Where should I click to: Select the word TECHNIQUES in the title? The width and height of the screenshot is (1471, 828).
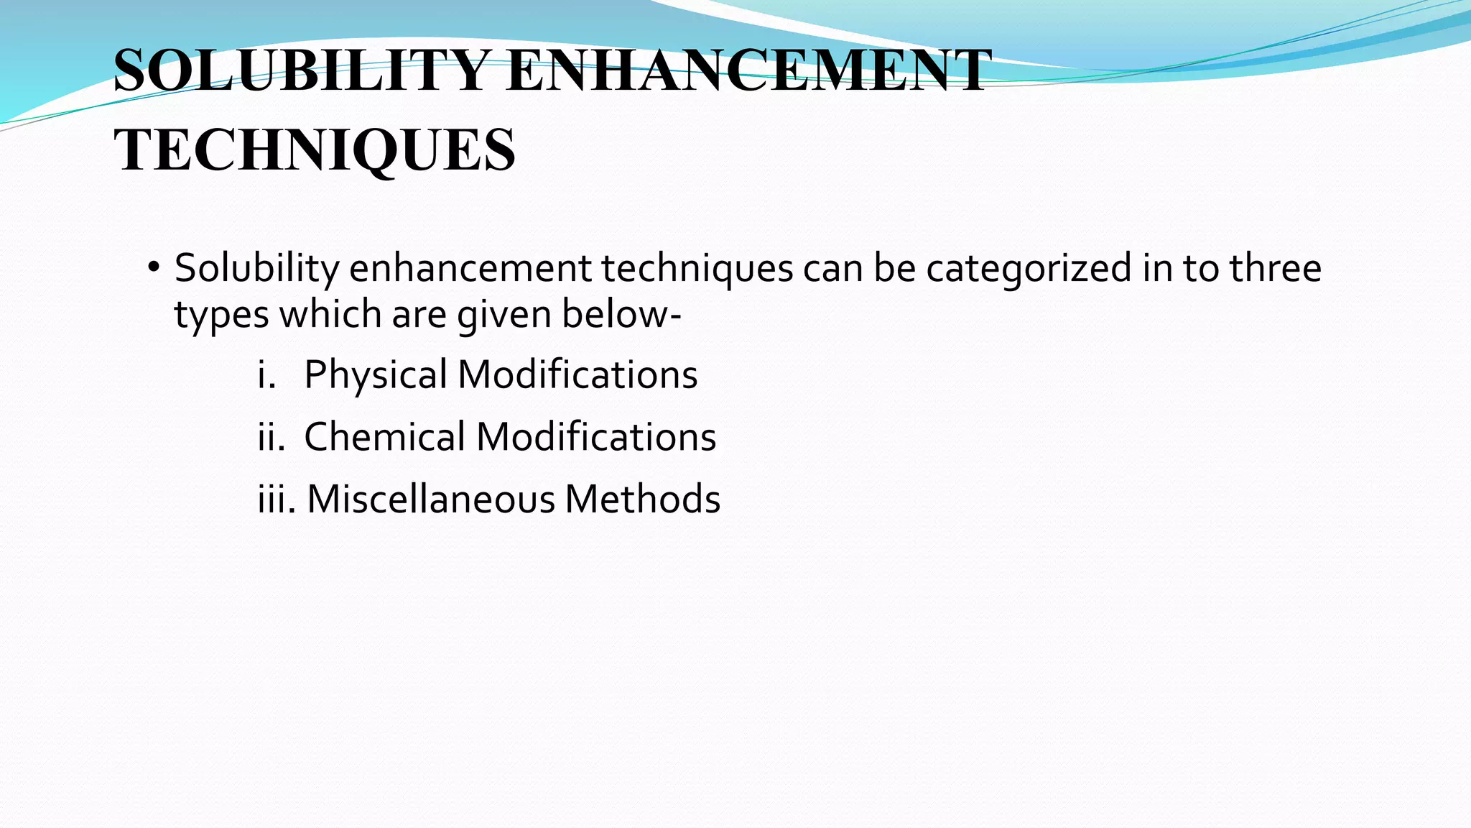click(x=315, y=149)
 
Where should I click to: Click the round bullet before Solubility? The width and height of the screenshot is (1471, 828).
click(x=153, y=268)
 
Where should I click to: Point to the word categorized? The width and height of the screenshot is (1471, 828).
click(x=1029, y=268)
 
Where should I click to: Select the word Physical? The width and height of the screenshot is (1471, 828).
click(x=376, y=375)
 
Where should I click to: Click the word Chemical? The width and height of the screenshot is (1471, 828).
click(x=385, y=437)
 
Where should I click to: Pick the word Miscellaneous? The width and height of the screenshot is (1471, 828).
click(x=431, y=499)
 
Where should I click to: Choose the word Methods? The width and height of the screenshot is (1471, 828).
click(x=642, y=499)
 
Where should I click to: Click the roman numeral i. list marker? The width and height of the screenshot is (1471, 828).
click(x=266, y=375)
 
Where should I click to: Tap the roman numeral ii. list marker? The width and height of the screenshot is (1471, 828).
click(x=271, y=437)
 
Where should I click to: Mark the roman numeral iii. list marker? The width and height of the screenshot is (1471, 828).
click(x=277, y=499)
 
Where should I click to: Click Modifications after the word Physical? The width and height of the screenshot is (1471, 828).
click(x=577, y=375)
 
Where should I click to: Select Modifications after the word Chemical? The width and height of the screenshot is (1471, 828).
click(x=596, y=437)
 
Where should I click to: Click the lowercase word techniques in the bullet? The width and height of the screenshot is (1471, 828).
click(x=697, y=268)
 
